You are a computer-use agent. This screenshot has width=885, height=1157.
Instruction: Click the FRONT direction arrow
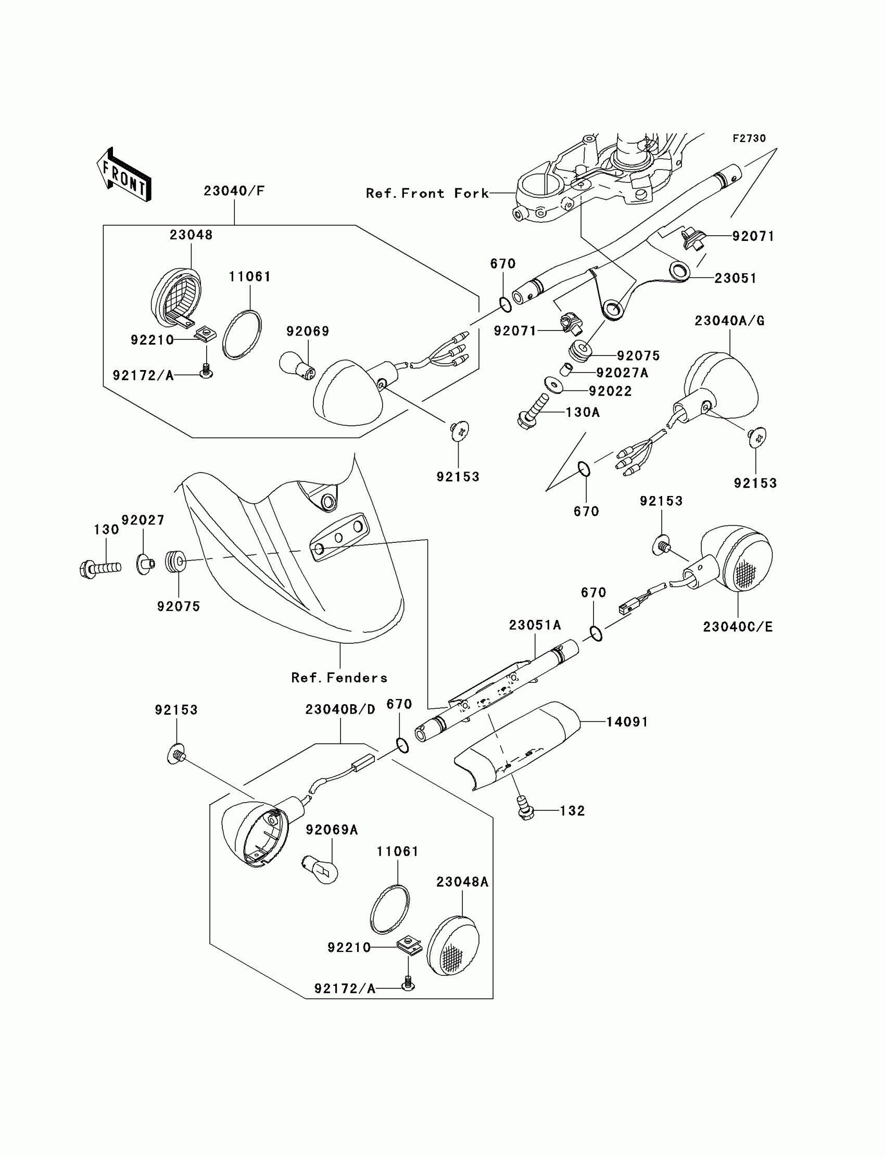124,175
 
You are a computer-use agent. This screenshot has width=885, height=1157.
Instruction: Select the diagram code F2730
749,138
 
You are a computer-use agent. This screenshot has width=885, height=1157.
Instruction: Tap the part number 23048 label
191,235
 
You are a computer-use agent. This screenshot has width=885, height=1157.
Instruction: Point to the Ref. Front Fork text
427,194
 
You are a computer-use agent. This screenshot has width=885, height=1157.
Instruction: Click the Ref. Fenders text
339,678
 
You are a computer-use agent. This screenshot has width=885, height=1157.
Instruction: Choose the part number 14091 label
627,722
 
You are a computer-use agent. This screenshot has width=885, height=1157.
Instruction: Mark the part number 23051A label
535,625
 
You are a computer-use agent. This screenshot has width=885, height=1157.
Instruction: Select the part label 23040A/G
729,321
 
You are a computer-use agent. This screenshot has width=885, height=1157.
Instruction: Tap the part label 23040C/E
738,627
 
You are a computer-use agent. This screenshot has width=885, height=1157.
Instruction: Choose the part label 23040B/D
340,710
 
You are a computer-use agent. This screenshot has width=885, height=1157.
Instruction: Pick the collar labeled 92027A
566,368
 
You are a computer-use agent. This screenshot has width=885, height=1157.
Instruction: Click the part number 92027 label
143,520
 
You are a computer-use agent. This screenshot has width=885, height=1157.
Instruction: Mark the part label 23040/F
234,191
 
